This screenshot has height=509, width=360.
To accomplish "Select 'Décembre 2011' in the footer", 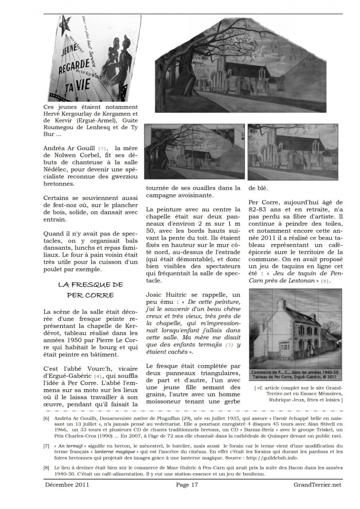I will (x=67, y=484).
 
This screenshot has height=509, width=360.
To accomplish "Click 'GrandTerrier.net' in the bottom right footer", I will (x=317, y=484).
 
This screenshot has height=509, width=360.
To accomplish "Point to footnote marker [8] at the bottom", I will (x=47, y=467).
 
